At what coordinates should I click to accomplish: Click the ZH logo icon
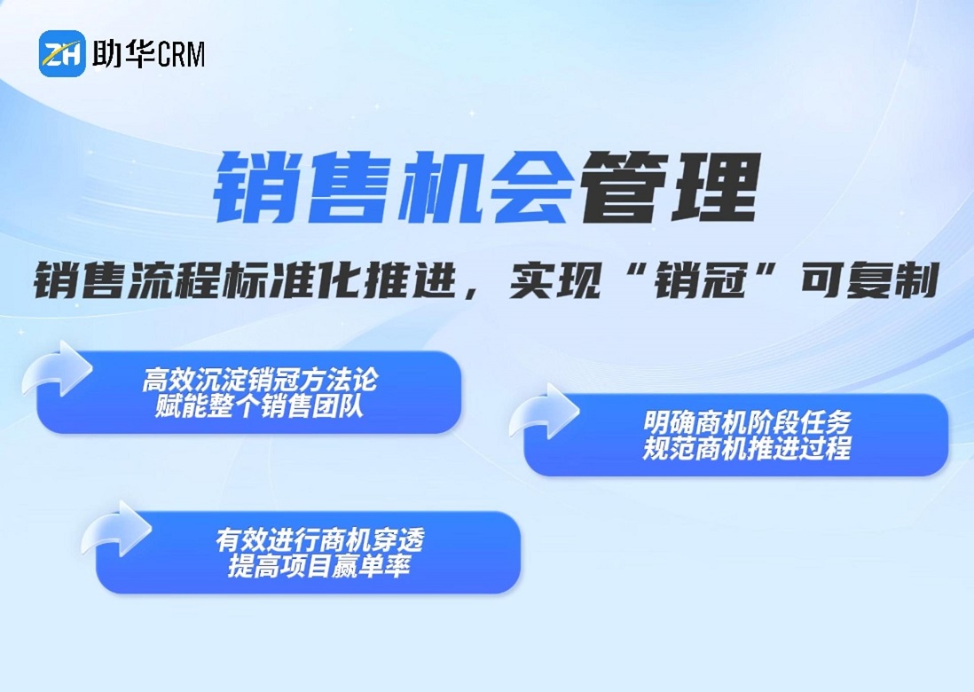point(62,53)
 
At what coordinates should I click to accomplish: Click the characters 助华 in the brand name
point(122,53)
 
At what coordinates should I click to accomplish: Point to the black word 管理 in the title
point(670,187)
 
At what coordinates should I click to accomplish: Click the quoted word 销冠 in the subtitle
point(701,280)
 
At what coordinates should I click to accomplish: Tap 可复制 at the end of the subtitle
point(869,280)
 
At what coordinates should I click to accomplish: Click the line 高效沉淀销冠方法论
point(260,380)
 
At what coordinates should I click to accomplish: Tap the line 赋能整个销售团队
point(260,406)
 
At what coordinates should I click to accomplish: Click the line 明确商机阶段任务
point(747,422)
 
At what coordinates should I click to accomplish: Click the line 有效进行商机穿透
point(320,539)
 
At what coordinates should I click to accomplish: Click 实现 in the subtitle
point(555,280)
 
